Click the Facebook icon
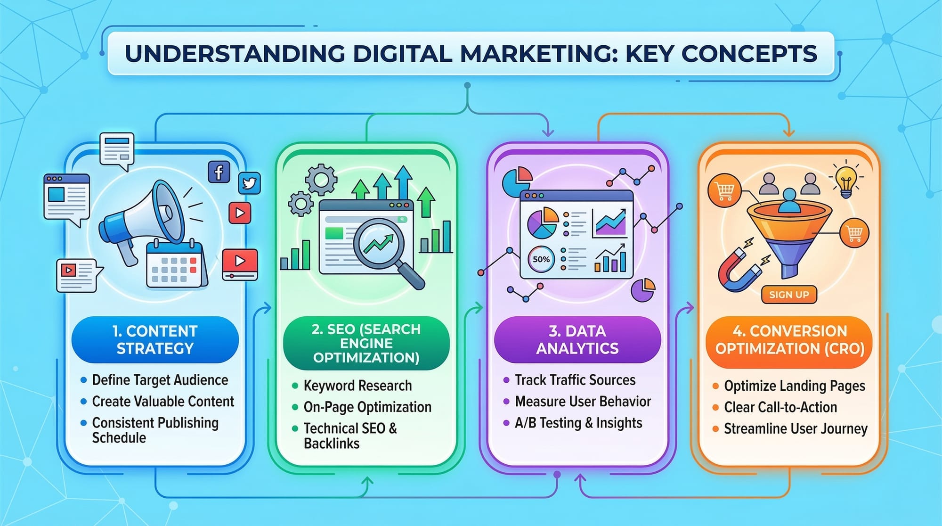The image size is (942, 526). point(219,172)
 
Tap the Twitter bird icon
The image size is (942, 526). point(249,183)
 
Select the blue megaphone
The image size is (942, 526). point(141,219)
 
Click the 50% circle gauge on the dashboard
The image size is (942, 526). point(541,259)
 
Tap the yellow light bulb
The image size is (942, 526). point(846,181)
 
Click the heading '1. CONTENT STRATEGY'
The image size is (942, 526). point(155,339)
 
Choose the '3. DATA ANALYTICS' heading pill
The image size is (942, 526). point(577,339)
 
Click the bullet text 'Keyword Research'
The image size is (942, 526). point(357,386)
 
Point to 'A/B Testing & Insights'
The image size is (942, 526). point(578,423)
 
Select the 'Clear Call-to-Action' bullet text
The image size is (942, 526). point(780,407)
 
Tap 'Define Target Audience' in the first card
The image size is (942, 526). point(160,380)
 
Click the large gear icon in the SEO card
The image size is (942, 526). point(321,180)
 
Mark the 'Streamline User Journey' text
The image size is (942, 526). point(796,428)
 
